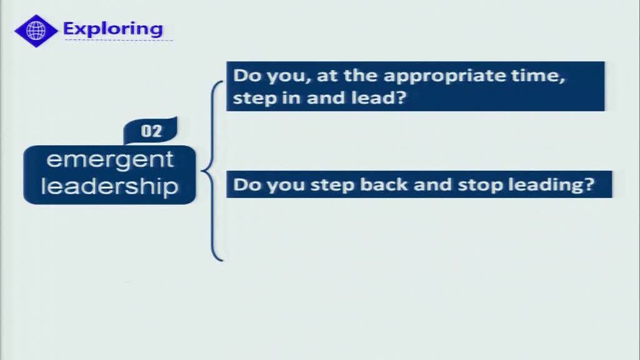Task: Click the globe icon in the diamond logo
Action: (36, 31)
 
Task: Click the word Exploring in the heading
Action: (113, 29)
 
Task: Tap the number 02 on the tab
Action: (151, 131)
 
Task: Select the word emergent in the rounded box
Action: (110, 159)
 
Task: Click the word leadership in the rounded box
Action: (109, 186)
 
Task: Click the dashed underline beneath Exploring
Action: (118, 40)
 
